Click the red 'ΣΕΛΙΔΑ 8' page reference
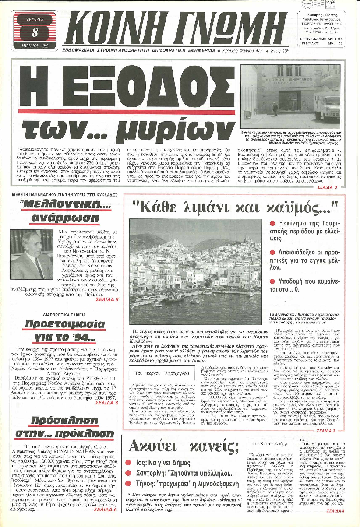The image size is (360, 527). (108, 299)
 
